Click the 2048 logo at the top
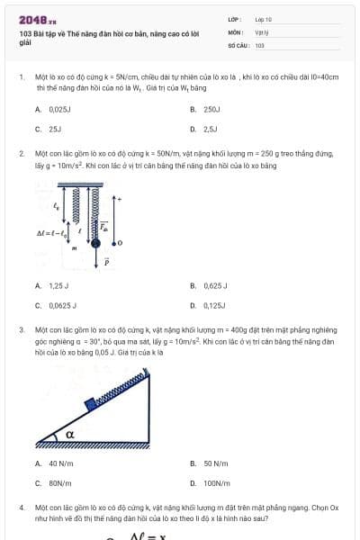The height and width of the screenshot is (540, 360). (37, 19)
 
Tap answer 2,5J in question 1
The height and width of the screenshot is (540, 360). (210, 129)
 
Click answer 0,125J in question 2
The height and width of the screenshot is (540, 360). (214, 305)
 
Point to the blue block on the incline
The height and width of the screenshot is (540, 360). (91, 402)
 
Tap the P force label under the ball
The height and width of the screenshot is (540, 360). (106, 262)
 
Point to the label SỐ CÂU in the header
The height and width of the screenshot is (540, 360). (238, 44)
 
